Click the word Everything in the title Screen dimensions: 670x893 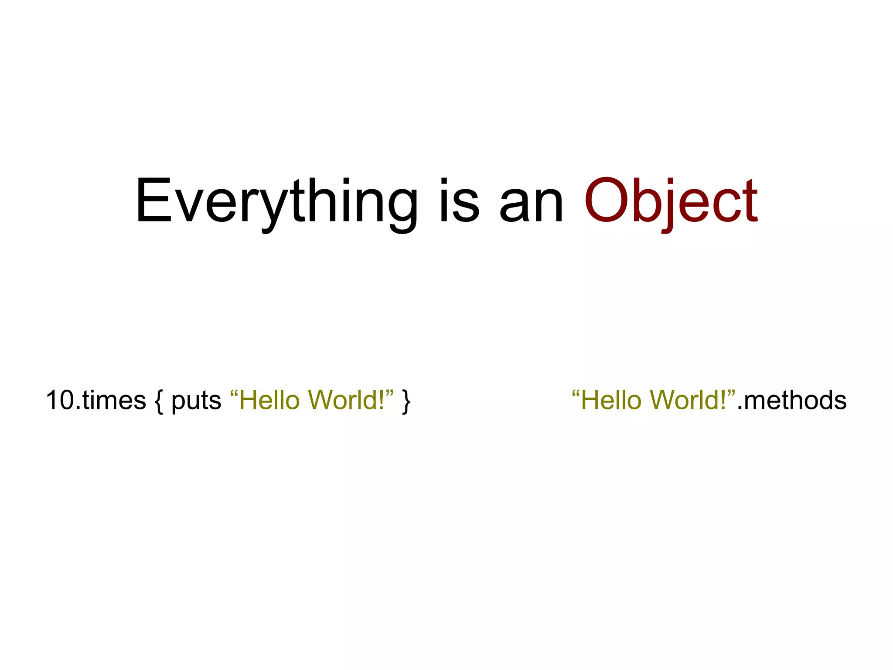pos(276,202)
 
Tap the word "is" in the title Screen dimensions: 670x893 pos(459,202)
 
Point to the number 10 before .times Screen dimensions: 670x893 pos(60,400)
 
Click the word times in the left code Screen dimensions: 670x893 pos(114,400)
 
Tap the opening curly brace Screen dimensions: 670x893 pos(159,401)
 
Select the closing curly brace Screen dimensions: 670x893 pos(406,401)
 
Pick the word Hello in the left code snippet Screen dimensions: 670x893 pos(269,400)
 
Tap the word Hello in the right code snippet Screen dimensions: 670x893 pos(611,400)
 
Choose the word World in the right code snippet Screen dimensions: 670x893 pos(688,400)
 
